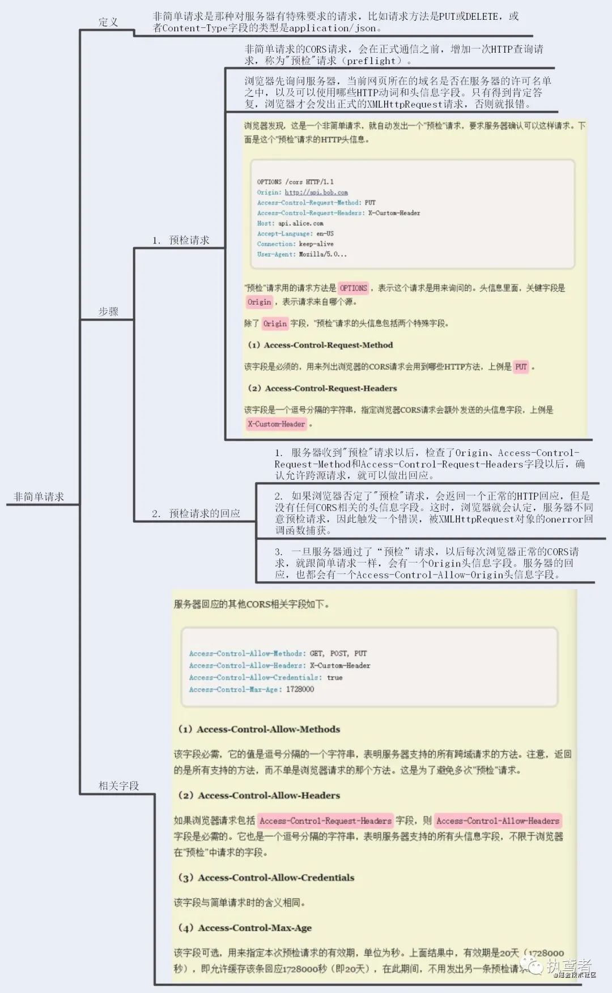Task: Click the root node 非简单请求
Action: (39, 497)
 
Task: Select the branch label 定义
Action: (108, 22)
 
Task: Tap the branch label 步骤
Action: (108, 312)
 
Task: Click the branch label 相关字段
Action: (118, 786)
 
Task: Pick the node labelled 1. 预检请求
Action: (181, 240)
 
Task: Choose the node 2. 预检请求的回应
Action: (196, 513)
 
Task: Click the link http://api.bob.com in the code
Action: (316, 193)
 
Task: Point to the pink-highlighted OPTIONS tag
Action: (354, 288)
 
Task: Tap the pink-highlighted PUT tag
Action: (521, 366)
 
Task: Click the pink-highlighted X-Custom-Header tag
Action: (277, 424)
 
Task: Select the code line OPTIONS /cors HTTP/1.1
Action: (295, 182)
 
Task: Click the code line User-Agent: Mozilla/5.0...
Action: (301, 254)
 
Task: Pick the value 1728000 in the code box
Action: (300, 689)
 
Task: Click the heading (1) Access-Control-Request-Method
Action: (320, 345)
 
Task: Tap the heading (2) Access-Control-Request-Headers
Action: (322, 388)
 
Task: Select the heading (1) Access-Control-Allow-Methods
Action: (259, 729)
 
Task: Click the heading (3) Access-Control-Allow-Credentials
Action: (266, 877)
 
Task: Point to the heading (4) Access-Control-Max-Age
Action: (245, 928)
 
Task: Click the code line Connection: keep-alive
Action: (295, 244)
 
